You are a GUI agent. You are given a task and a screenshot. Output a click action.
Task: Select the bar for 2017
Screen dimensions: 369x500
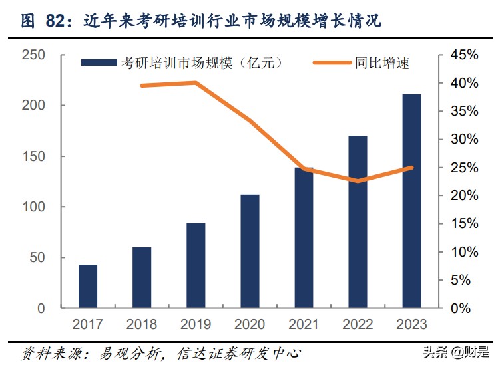[x=88, y=287]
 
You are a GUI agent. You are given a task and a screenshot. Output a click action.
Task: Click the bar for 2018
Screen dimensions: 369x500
[x=142, y=278]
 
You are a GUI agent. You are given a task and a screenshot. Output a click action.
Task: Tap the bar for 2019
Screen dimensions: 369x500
[x=196, y=266]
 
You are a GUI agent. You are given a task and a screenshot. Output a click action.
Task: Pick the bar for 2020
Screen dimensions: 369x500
[x=250, y=251]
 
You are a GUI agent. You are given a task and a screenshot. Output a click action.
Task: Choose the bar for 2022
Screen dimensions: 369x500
[x=358, y=222]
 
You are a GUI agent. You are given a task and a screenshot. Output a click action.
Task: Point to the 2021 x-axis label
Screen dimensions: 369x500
[x=304, y=324]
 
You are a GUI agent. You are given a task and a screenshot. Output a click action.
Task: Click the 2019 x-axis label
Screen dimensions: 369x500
[x=196, y=324]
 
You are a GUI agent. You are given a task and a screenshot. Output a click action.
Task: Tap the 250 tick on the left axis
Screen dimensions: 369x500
[x=33, y=55]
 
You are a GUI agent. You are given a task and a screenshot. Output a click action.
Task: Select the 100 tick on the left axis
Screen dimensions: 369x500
[x=33, y=207]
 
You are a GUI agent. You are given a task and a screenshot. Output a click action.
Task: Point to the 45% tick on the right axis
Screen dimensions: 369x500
[x=463, y=55]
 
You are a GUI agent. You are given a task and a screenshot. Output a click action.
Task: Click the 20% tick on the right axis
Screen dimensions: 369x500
[x=463, y=196]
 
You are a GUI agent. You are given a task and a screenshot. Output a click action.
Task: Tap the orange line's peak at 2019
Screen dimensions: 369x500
[x=196, y=83]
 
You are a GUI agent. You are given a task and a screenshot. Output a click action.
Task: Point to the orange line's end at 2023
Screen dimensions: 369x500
[x=412, y=168]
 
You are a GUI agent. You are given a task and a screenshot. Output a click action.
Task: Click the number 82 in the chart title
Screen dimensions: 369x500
[x=56, y=21]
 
